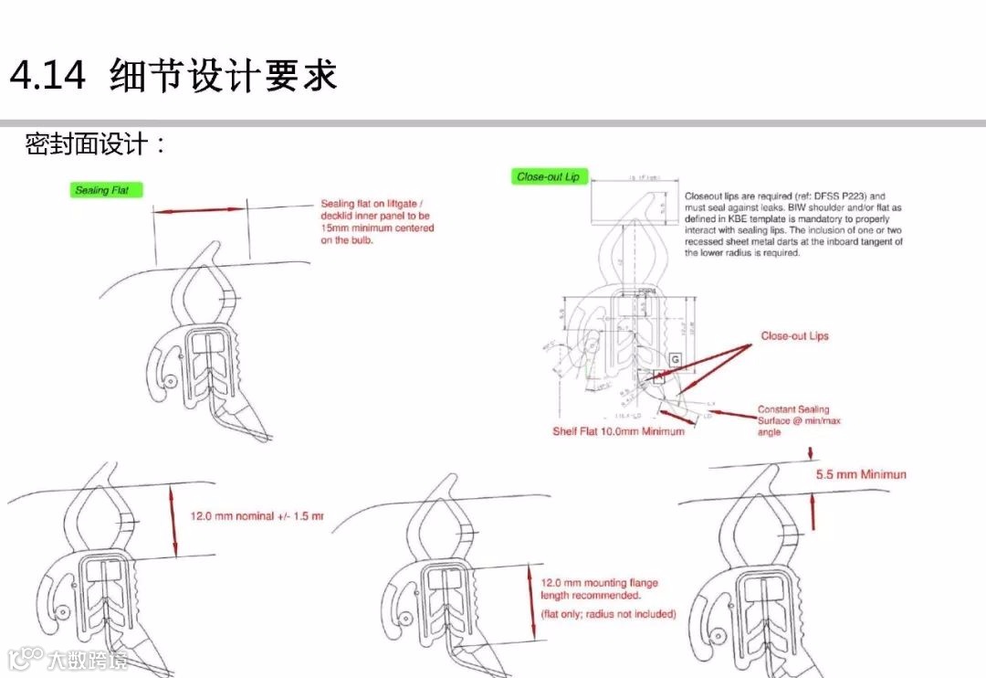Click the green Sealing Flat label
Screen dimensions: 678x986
tap(107, 190)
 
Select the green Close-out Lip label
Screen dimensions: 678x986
tap(549, 176)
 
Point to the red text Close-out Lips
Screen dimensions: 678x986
tap(794, 336)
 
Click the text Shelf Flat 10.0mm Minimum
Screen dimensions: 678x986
tap(618, 431)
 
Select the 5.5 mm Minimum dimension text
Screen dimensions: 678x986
tap(860, 475)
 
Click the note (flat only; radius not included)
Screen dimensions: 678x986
tap(608, 614)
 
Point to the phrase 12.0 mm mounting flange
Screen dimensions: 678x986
tap(599, 583)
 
